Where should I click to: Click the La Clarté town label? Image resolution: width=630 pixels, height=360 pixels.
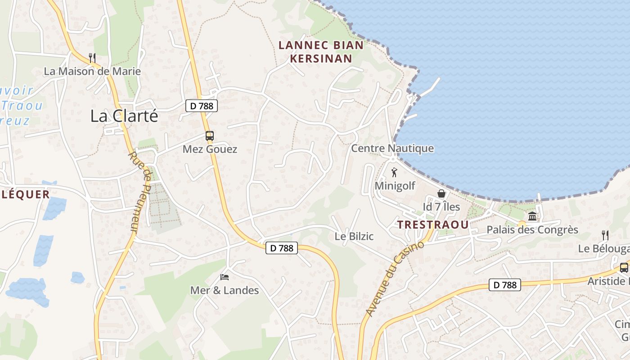(x=124, y=116)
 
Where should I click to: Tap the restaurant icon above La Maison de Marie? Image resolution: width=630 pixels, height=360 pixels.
(x=92, y=58)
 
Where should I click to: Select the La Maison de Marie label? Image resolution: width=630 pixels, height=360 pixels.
(x=92, y=71)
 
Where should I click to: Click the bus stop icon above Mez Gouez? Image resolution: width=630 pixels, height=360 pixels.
(x=210, y=135)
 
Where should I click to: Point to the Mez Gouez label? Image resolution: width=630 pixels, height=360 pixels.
(x=210, y=149)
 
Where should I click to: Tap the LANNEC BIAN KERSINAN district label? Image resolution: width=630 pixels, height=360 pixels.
(x=321, y=52)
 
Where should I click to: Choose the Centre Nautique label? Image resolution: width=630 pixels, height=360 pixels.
(x=392, y=148)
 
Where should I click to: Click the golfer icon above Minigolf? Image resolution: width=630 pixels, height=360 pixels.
(x=395, y=172)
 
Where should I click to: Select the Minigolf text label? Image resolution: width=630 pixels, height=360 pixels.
(x=395, y=185)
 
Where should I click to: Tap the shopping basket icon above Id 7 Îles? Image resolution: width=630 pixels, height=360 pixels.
(x=441, y=193)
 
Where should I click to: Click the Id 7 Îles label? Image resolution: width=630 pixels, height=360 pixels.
(x=441, y=207)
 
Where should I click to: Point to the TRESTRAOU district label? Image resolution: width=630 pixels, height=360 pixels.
(x=433, y=224)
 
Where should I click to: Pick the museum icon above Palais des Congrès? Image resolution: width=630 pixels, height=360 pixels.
(x=532, y=216)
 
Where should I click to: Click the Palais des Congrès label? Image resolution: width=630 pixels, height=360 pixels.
(x=532, y=230)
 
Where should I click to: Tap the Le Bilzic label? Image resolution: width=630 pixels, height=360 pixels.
(x=354, y=236)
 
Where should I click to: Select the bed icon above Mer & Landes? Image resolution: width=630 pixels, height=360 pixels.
(x=225, y=277)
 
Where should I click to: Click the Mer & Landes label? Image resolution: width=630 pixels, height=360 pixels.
(x=225, y=290)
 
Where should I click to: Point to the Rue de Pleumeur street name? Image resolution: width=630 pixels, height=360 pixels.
(x=140, y=191)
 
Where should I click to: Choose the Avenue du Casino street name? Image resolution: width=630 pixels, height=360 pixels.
(x=395, y=278)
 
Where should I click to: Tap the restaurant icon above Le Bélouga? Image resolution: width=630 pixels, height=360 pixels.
(x=605, y=235)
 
